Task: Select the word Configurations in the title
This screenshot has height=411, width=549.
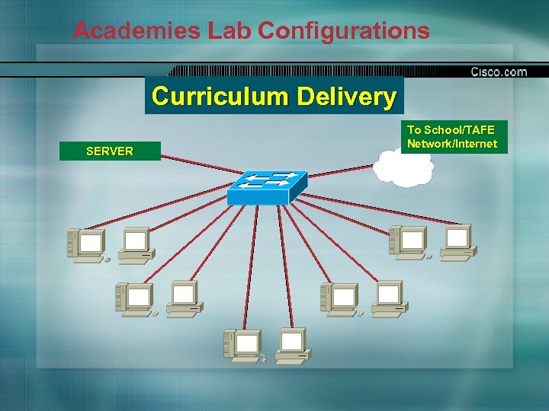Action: point(343,31)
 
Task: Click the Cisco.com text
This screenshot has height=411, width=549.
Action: point(499,72)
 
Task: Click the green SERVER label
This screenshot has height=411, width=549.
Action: point(110,151)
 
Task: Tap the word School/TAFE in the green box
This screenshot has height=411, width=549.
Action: point(458,130)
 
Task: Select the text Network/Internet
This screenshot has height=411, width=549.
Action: point(452,143)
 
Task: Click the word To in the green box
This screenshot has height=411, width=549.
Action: point(413,130)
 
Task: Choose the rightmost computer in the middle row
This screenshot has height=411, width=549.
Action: point(388,297)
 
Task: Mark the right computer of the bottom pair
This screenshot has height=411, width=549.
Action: point(292,343)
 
